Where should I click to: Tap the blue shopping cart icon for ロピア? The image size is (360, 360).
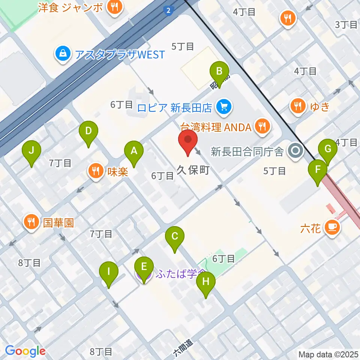click(x=224, y=108)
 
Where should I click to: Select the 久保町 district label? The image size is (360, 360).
click(x=193, y=171)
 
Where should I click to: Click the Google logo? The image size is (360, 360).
click(x=25, y=351)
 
